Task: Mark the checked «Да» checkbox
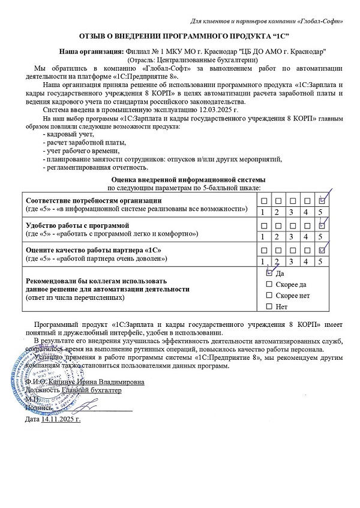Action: click(269, 272)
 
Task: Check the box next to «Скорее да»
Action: click(269, 284)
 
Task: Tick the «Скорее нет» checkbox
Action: click(269, 296)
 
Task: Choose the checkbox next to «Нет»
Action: click(269, 307)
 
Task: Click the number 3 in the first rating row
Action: click(292, 212)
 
